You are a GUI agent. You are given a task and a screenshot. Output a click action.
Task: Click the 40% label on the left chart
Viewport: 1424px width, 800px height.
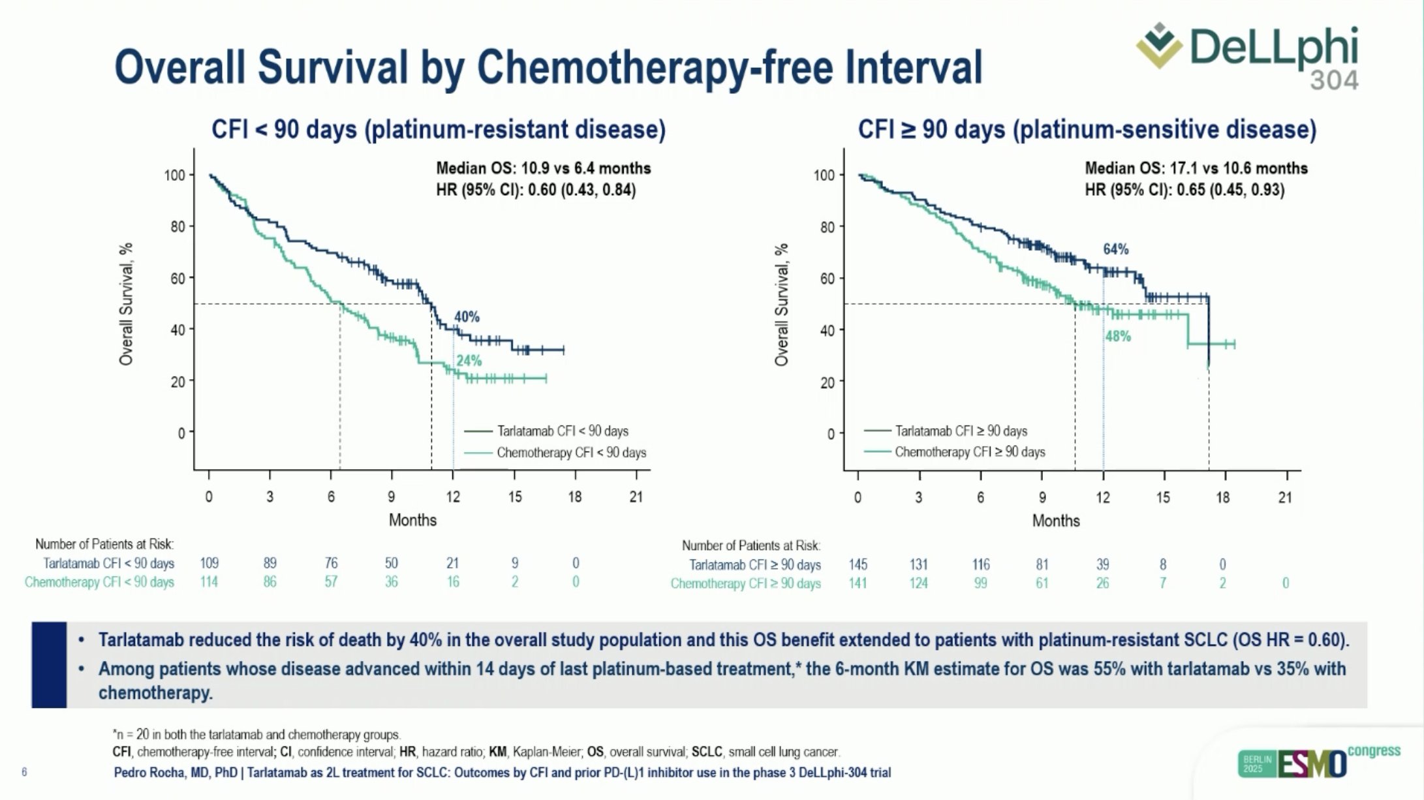point(467,317)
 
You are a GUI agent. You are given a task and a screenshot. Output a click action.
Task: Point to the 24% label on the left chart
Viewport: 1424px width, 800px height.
point(469,361)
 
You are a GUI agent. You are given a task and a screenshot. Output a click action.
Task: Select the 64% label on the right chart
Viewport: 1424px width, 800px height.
point(1116,249)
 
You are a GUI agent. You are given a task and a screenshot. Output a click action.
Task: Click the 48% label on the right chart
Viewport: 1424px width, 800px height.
point(1118,337)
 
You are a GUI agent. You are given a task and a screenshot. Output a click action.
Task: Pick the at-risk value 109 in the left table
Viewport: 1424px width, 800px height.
point(209,563)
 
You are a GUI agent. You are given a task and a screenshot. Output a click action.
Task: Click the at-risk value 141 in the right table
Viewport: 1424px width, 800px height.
point(858,583)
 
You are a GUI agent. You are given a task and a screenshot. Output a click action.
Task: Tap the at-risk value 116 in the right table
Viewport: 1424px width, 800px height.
point(980,564)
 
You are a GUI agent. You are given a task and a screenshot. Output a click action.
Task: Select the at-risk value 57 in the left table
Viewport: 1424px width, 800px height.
point(331,581)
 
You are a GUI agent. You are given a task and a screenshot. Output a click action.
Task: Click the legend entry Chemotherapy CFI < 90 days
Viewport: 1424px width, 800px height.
point(571,453)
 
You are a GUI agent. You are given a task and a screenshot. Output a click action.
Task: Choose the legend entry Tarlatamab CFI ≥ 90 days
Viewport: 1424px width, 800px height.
point(961,431)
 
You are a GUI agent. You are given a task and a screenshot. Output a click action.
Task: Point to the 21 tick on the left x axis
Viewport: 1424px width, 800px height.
point(636,497)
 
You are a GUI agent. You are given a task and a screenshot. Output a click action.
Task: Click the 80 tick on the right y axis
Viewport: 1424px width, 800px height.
point(827,227)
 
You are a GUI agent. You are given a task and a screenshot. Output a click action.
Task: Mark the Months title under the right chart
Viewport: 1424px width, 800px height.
point(1056,521)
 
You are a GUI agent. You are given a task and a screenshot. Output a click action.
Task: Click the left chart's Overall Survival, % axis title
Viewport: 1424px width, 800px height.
point(126,304)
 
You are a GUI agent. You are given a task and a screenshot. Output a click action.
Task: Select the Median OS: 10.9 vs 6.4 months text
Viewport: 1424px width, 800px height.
point(543,168)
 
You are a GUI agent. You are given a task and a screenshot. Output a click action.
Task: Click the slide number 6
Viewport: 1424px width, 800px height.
point(24,773)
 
